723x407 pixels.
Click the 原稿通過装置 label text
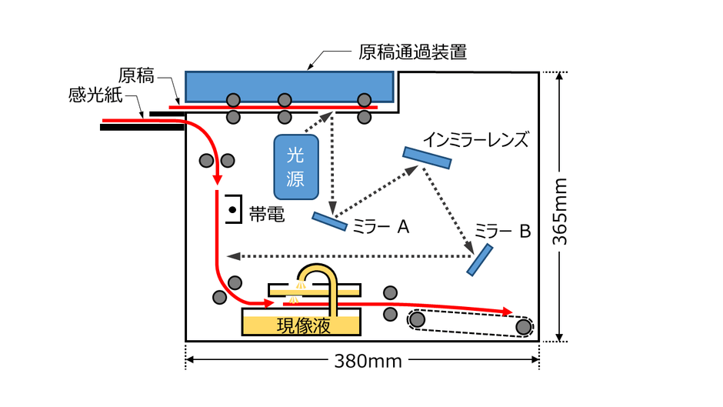[x=413, y=53]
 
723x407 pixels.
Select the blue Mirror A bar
[x=329, y=221]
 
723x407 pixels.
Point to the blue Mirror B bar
[x=480, y=259]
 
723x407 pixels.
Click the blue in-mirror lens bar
[x=427, y=157]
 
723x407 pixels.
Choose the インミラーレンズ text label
[x=476, y=139]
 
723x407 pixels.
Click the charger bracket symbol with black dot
[x=231, y=209]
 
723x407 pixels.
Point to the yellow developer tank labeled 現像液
[x=302, y=323]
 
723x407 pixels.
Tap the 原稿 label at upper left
[x=137, y=75]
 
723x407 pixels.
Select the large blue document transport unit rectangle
[x=289, y=84]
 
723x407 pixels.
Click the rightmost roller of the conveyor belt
[x=524, y=327]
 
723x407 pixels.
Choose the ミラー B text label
[x=502, y=231]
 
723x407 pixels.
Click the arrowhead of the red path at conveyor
[x=506, y=312]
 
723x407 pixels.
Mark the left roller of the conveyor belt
[x=418, y=319]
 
